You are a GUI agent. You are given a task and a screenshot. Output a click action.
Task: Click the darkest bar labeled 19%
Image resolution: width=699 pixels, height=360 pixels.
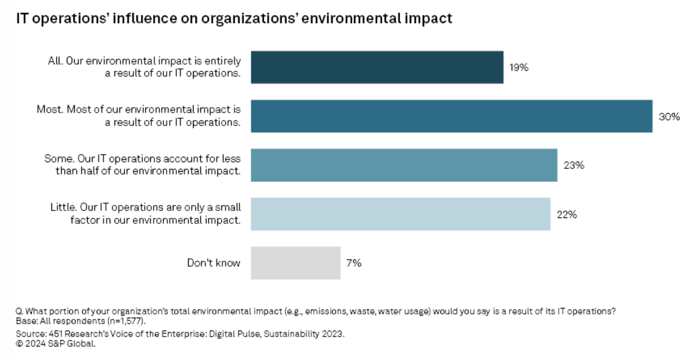377,67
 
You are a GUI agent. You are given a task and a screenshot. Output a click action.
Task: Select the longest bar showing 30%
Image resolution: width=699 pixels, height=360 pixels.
452,116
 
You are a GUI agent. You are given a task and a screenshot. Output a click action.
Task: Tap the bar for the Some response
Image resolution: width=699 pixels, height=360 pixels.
404,165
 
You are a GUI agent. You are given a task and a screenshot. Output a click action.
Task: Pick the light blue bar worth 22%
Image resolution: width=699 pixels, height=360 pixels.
401,214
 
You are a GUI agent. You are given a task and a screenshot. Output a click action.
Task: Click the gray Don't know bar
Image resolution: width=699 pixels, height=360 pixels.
296,263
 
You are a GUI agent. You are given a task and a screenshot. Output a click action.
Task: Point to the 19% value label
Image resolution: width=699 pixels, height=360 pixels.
519,67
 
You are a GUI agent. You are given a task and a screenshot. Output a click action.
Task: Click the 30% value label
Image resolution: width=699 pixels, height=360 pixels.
669,116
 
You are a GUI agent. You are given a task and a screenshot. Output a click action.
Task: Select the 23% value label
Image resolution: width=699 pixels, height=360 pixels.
574,165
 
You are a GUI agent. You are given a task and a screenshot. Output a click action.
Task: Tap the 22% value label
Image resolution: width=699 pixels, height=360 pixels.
567,214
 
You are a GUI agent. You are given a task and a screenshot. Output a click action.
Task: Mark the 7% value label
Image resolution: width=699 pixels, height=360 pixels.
353,263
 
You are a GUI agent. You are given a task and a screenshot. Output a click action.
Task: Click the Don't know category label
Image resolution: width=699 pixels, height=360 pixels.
213,263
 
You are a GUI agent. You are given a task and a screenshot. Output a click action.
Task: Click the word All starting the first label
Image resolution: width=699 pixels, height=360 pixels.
54,61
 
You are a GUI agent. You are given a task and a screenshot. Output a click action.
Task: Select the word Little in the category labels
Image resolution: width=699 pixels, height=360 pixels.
63,207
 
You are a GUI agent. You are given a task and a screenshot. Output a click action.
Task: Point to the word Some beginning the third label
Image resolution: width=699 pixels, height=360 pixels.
56,158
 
